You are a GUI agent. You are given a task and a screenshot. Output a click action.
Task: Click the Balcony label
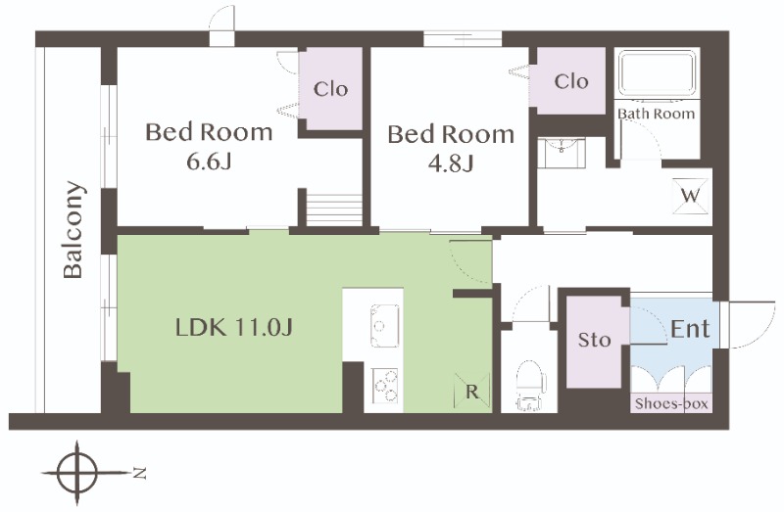[73, 229]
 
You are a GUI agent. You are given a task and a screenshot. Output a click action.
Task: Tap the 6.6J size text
[209, 162]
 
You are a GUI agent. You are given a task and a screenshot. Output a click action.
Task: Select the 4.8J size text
[451, 163]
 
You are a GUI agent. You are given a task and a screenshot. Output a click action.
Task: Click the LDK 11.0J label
[234, 327]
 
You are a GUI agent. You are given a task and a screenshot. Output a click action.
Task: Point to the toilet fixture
[529, 385]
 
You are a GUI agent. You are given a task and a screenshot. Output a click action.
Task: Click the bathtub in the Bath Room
[657, 74]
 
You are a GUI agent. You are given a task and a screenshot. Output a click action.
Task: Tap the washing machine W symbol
[691, 196]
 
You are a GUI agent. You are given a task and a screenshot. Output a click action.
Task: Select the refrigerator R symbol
[472, 392]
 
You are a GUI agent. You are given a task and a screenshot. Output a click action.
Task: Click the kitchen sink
[384, 326]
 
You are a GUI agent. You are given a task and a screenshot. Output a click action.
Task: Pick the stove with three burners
[384, 386]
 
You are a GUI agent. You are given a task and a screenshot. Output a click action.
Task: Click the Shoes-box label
[671, 403]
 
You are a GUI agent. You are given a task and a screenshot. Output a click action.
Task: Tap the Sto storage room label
[595, 340]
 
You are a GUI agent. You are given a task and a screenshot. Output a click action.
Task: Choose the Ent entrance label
[690, 329]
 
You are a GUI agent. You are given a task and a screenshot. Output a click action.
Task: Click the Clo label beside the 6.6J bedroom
[330, 89]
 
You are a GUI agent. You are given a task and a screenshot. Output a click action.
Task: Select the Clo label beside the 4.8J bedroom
[571, 81]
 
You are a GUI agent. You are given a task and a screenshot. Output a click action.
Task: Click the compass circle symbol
[76, 473]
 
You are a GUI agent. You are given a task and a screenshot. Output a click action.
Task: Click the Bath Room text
[656, 114]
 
